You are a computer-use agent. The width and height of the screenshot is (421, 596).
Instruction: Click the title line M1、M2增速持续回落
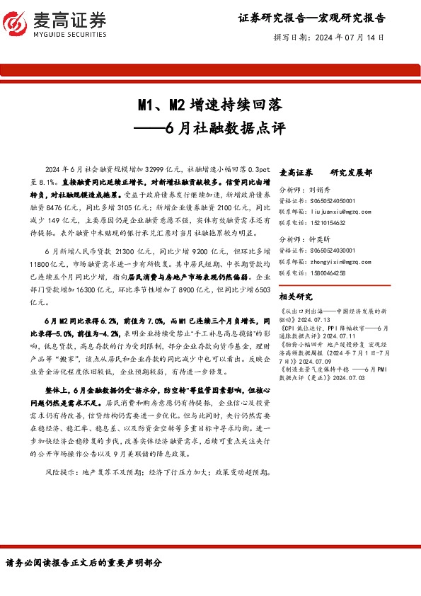tap(210, 106)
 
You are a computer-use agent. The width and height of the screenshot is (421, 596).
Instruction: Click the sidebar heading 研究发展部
tap(351, 173)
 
